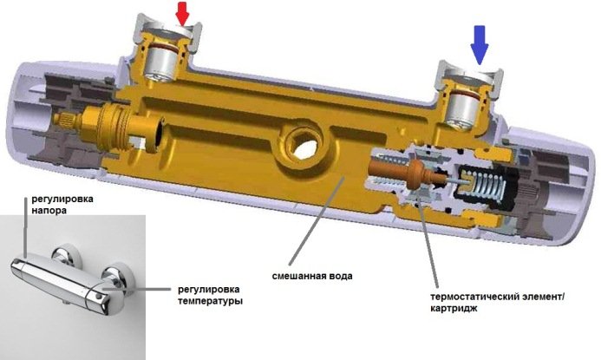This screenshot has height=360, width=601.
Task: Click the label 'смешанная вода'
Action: coord(314,278)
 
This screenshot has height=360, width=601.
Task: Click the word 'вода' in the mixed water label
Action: coord(341,278)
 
